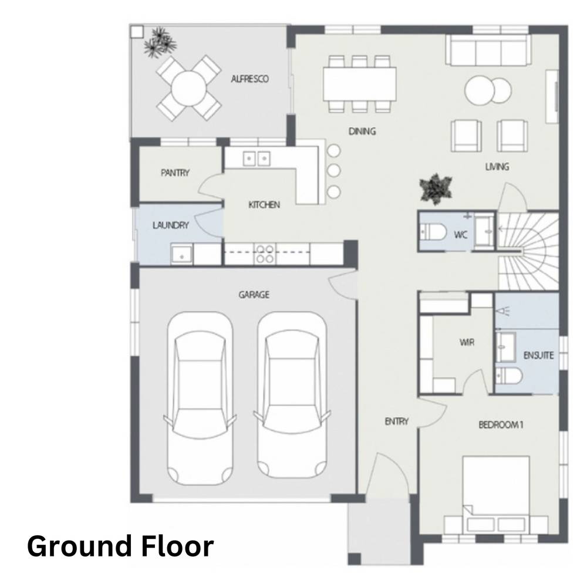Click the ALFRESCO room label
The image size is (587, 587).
249,79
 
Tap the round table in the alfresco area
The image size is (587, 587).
188,89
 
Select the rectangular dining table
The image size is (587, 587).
360,84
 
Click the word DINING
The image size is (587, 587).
362,131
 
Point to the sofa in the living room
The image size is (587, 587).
488,51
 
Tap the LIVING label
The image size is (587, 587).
497,167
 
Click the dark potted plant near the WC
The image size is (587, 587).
436,188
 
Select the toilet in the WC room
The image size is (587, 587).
433,232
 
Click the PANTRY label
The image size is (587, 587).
175,173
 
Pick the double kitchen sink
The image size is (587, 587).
257,158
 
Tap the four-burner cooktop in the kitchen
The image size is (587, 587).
265,254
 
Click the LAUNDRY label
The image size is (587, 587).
170,225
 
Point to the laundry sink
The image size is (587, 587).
181,255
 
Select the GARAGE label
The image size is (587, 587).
254,295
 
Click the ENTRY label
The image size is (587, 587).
396,421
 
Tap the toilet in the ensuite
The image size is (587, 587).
509,376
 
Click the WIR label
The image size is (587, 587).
467,342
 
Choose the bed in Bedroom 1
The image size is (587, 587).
496,494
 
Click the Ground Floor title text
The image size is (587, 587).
120,546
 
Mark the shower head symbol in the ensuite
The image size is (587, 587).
503,311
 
